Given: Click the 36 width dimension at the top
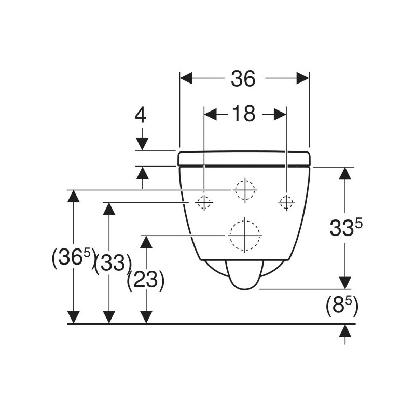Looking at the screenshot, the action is tap(243, 78).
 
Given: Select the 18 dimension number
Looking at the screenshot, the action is tap(244, 114).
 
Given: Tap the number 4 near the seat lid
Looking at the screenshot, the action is tap(141, 116).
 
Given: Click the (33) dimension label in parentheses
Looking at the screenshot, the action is tap(113, 264).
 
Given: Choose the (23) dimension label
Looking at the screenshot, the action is tap(146, 281).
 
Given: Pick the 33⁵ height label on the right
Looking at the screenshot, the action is tap(345, 227).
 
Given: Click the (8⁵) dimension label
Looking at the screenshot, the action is tap(342, 307).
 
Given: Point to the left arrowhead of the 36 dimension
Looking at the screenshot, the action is tap(186, 78).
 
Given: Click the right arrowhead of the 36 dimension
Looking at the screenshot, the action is tap(303, 78).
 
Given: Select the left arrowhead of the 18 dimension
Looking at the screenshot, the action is tap(211, 114).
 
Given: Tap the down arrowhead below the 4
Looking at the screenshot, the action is tap(142, 144).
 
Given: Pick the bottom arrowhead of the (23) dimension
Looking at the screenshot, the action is tap(146, 317).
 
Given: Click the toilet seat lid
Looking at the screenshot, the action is tap(244, 159).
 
